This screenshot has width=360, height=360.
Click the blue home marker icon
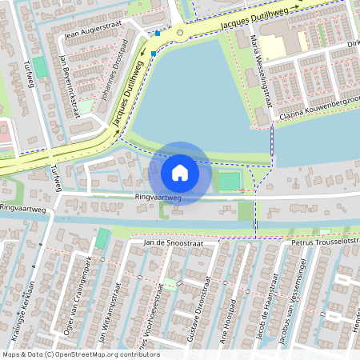(x=180, y=173)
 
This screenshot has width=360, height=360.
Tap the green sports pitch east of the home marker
(x=229, y=181)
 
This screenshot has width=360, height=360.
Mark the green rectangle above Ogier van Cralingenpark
(x=102, y=238)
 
